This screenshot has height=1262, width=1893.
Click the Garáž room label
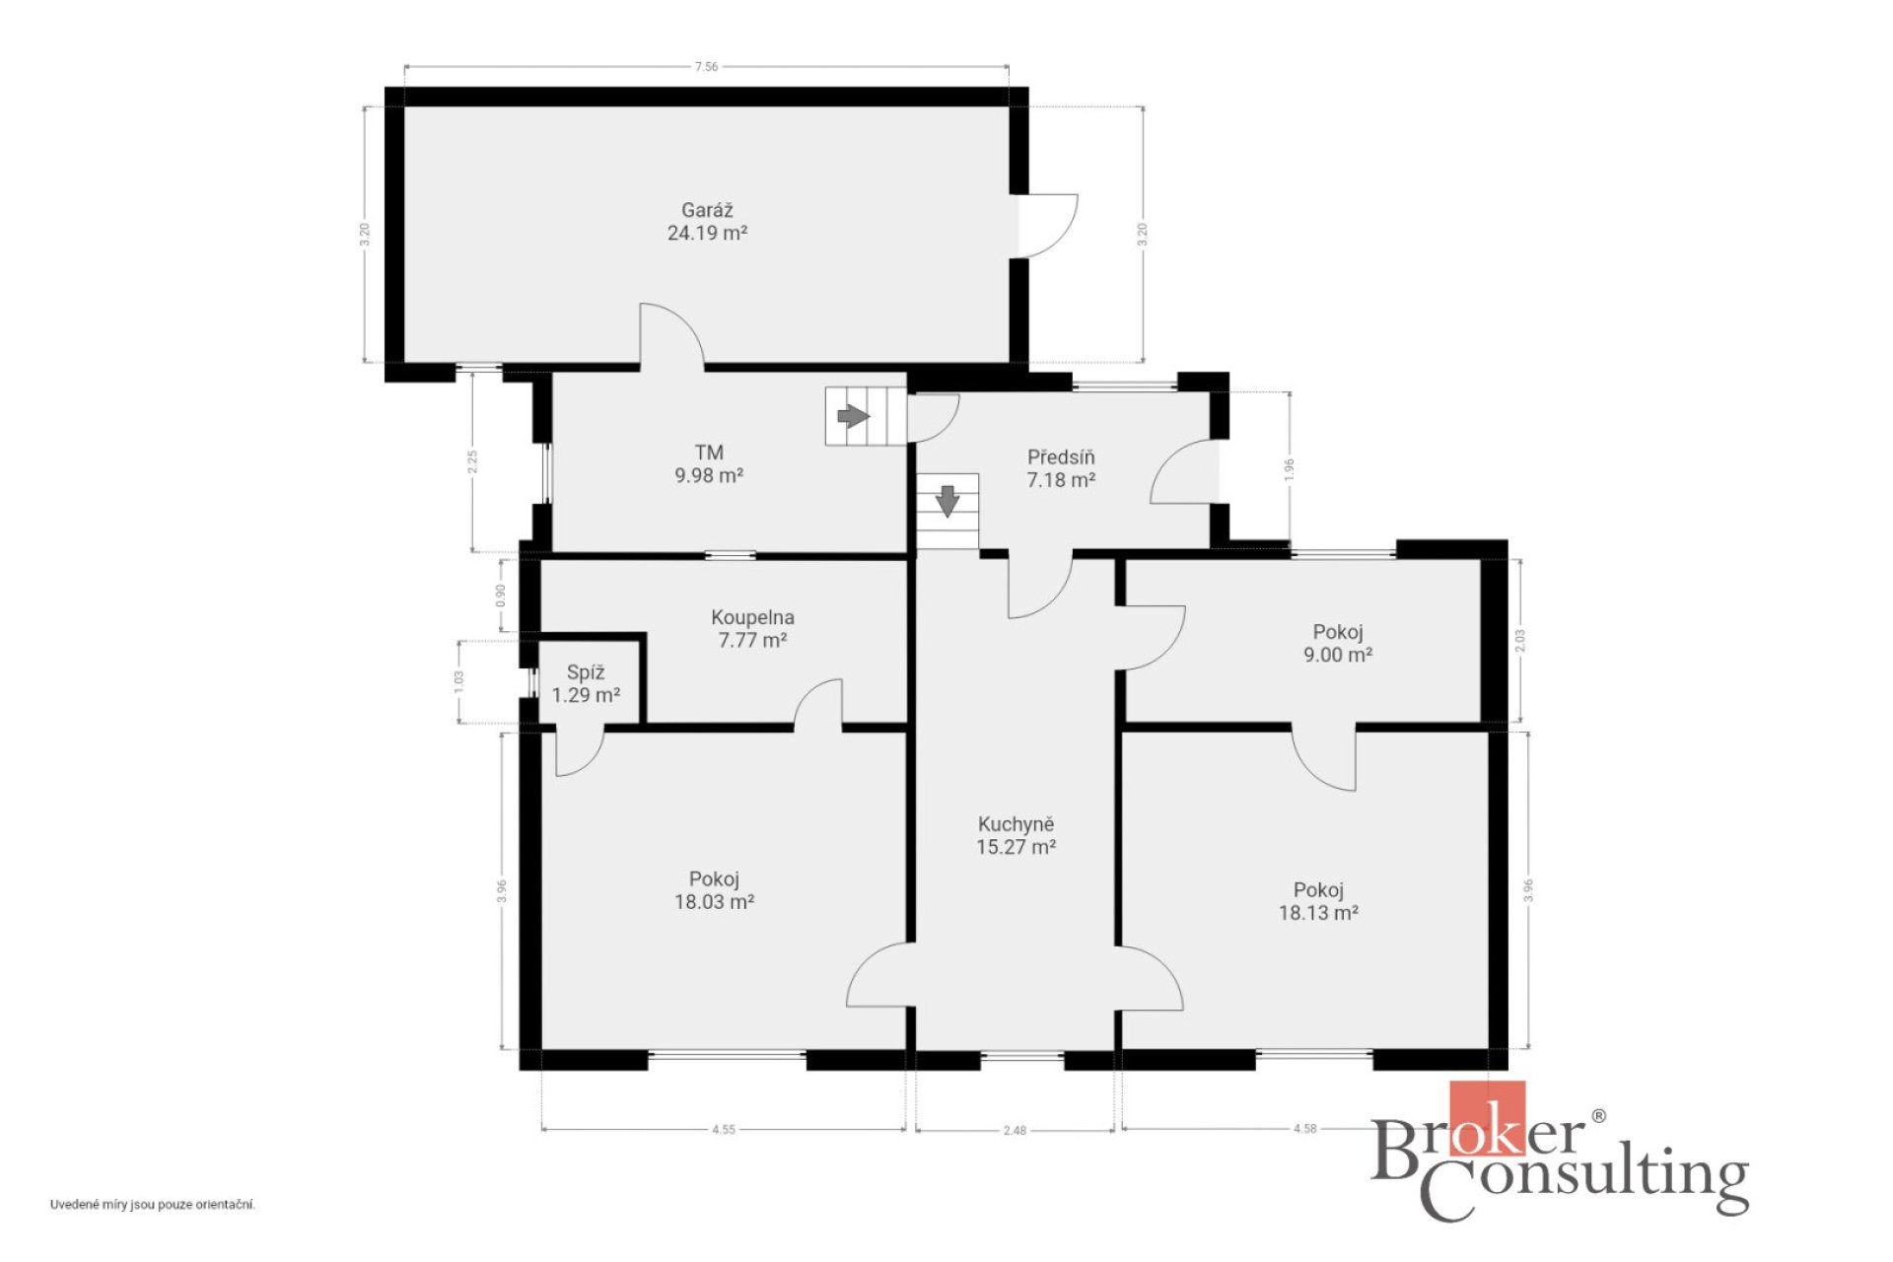[707, 210]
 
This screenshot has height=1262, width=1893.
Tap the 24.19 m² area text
[707, 234]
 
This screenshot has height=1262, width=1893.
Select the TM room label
[709, 453]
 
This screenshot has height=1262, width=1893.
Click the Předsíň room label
[1061, 457]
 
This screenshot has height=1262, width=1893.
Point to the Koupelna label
[752, 618]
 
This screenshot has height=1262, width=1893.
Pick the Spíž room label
[586, 672]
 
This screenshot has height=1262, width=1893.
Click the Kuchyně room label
[1016, 824]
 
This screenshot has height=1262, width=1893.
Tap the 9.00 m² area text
[1338, 655]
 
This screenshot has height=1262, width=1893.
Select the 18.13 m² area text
[1318, 913]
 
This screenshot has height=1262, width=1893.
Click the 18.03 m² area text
[714, 901]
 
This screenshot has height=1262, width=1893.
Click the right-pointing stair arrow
[854, 416]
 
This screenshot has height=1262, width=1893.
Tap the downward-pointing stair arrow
[947, 501]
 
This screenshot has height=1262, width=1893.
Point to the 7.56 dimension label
[706, 67]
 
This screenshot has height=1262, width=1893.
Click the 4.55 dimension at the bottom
[724, 1130]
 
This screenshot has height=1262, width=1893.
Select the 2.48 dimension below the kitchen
[1015, 1131]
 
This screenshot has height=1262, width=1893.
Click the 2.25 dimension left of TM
[472, 462]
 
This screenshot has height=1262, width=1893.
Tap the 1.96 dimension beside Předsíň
[1289, 470]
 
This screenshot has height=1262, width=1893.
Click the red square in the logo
[1487, 1118]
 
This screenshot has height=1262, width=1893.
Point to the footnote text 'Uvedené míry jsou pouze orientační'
[153, 1205]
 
